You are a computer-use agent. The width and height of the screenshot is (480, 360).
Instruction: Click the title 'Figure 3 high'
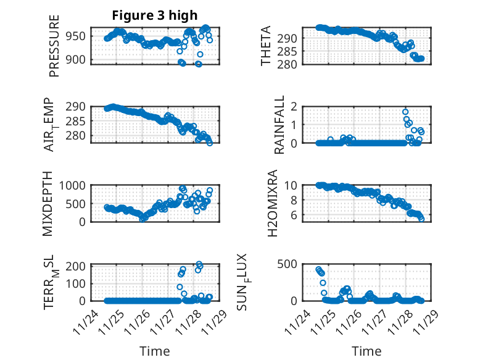154,16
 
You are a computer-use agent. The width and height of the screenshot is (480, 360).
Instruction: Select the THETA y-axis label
267,46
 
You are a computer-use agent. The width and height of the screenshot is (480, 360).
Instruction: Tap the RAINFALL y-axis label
279,125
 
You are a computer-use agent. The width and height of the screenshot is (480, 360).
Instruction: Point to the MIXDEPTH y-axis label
48,203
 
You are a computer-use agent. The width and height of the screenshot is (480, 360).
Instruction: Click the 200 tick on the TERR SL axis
78,266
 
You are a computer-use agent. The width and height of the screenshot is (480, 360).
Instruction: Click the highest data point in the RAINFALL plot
405,112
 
